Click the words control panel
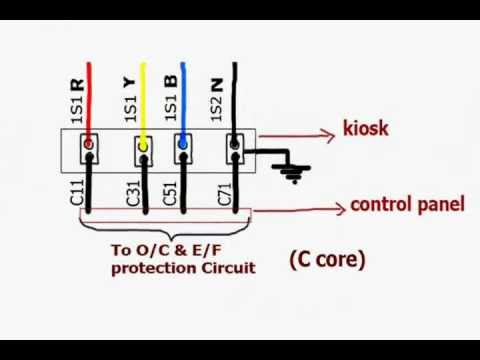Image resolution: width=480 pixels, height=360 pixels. tap(407, 205)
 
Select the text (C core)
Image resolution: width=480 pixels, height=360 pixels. tap(328, 260)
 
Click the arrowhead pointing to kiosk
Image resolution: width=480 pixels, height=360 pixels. tap(332, 131)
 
